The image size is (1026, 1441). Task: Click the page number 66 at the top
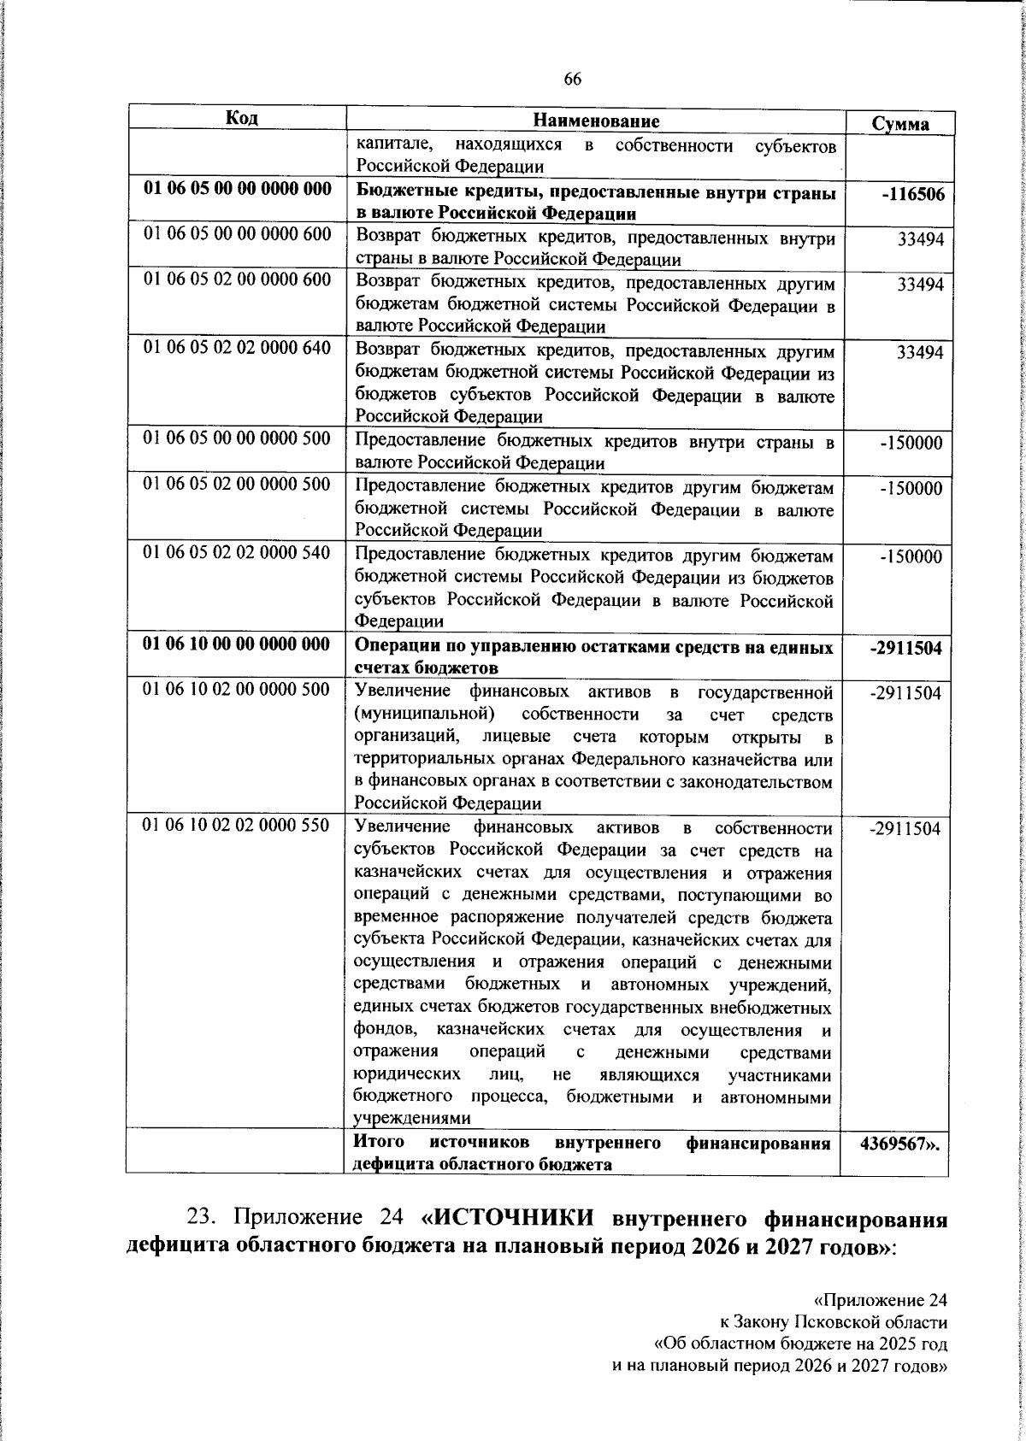pos(572,79)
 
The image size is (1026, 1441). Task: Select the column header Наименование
pos(596,121)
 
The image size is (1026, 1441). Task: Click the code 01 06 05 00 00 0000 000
pos(237,190)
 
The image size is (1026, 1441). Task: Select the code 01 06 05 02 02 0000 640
pos(237,349)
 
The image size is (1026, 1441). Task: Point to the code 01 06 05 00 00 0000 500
pos(237,438)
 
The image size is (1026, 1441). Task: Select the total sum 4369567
pos(898,1144)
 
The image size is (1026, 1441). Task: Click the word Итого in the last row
pos(380,1142)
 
